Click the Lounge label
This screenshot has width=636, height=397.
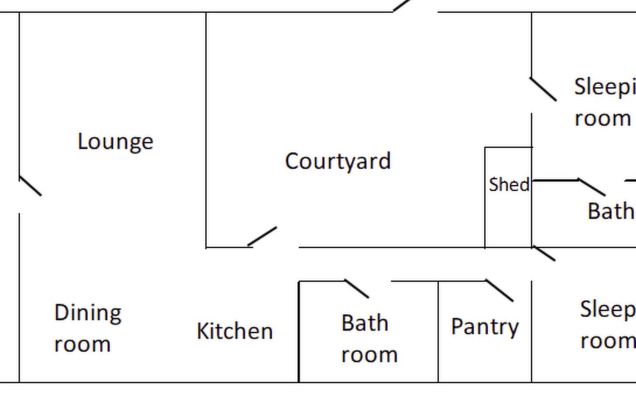click(x=115, y=142)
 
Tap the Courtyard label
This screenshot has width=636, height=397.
click(x=338, y=161)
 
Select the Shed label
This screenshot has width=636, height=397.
click(x=509, y=185)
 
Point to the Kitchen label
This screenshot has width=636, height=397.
click(x=235, y=331)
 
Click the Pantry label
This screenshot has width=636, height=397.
click(x=485, y=327)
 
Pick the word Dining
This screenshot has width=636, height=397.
click(x=88, y=313)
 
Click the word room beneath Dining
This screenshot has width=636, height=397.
click(x=82, y=344)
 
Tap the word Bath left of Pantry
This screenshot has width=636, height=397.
click(x=365, y=323)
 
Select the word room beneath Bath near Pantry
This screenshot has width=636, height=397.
click(x=369, y=355)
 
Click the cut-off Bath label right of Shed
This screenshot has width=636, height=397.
click(x=610, y=211)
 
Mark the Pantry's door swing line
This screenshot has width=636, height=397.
click(x=500, y=290)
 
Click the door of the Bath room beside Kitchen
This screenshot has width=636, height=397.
click(x=357, y=289)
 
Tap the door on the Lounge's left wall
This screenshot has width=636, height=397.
click(x=30, y=186)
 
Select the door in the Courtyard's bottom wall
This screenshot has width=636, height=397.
click(x=262, y=236)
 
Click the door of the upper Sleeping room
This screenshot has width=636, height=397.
click(x=543, y=89)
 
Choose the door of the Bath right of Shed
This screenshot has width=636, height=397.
click(x=592, y=187)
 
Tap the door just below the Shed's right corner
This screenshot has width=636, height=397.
click(x=544, y=254)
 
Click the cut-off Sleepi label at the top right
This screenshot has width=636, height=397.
click(x=605, y=87)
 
